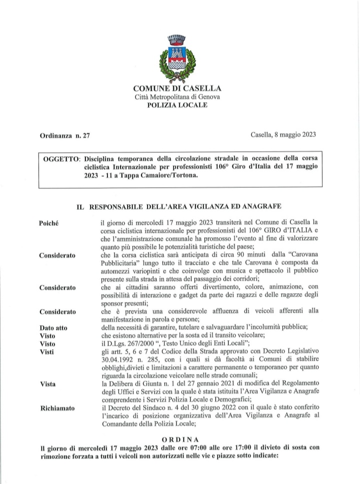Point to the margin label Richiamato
(x=56, y=408)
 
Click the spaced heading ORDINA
(x=180, y=438)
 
